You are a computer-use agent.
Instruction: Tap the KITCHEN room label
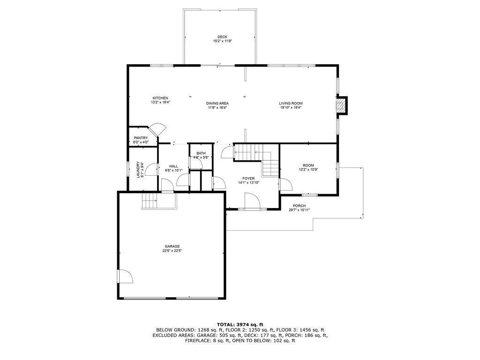(x=160, y=98)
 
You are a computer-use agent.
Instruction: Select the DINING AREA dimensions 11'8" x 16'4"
(x=217, y=107)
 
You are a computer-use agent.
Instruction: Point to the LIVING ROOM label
(x=291, y=103)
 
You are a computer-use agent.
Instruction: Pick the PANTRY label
(x=141, y=138)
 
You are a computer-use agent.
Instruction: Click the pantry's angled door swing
(x=158, y=129)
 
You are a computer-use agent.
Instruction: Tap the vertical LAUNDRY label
(x=138, y=170)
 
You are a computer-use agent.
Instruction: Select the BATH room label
(x=201, y=153)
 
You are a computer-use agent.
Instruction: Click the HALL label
(x=173, y=166)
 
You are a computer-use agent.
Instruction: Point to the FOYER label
(x=248, y=179)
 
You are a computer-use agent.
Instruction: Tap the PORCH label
(x=299, y=206)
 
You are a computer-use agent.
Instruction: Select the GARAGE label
(x=172, y=246)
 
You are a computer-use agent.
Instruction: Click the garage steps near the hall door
(x=150, y=201)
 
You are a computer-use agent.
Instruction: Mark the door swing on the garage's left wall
(x=126, y=277)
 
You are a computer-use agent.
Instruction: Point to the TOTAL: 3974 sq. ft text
(x=240, y=324)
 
